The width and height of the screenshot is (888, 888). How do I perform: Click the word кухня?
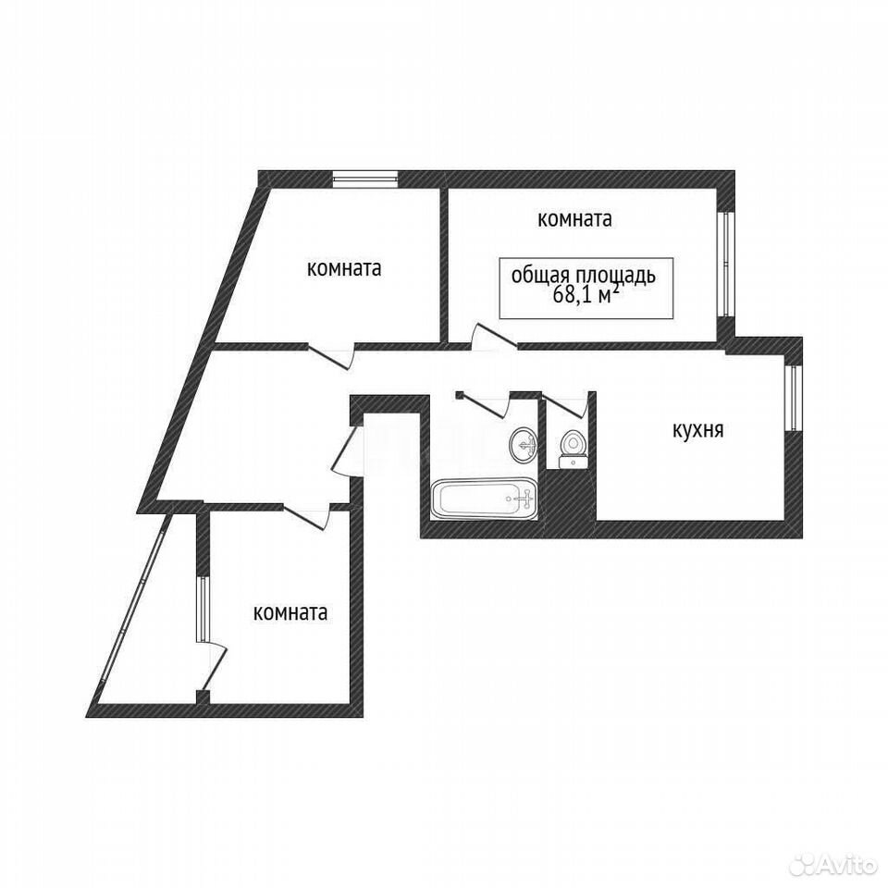coord(697,430)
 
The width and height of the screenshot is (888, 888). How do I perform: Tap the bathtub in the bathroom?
coord(483,499)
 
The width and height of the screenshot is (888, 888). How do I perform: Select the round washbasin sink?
coord(524,445)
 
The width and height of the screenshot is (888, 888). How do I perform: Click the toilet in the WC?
coord(573,450)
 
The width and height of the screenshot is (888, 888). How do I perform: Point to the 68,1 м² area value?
coord(585,295)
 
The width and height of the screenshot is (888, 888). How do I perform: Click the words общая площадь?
coord(584,276)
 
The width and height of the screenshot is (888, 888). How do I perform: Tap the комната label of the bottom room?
coord(290,612)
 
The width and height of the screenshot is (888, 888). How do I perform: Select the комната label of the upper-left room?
coord(344,268)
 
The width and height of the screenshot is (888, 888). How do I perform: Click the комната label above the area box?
coord(574,219)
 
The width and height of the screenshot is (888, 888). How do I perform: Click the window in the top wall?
coord(364,179)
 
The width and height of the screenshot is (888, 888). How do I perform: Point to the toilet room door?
coord(564,404)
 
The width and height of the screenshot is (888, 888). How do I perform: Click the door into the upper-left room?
coord(331,357)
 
